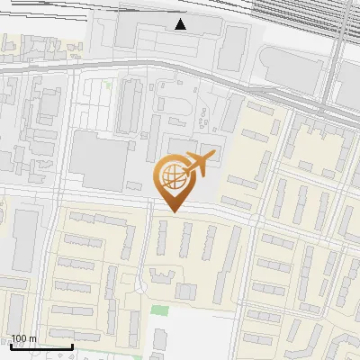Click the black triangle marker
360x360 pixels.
[x=181, y=24]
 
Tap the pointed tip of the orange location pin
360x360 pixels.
[x=172, y=211]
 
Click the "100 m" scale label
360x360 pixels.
[x=23, y=338]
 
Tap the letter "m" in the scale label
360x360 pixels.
[x=32, y=338]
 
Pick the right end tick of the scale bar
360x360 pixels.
[x=72, y=345]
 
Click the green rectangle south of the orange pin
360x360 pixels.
[x=160, y=310]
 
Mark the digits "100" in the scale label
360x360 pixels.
[x=19, y=338]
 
